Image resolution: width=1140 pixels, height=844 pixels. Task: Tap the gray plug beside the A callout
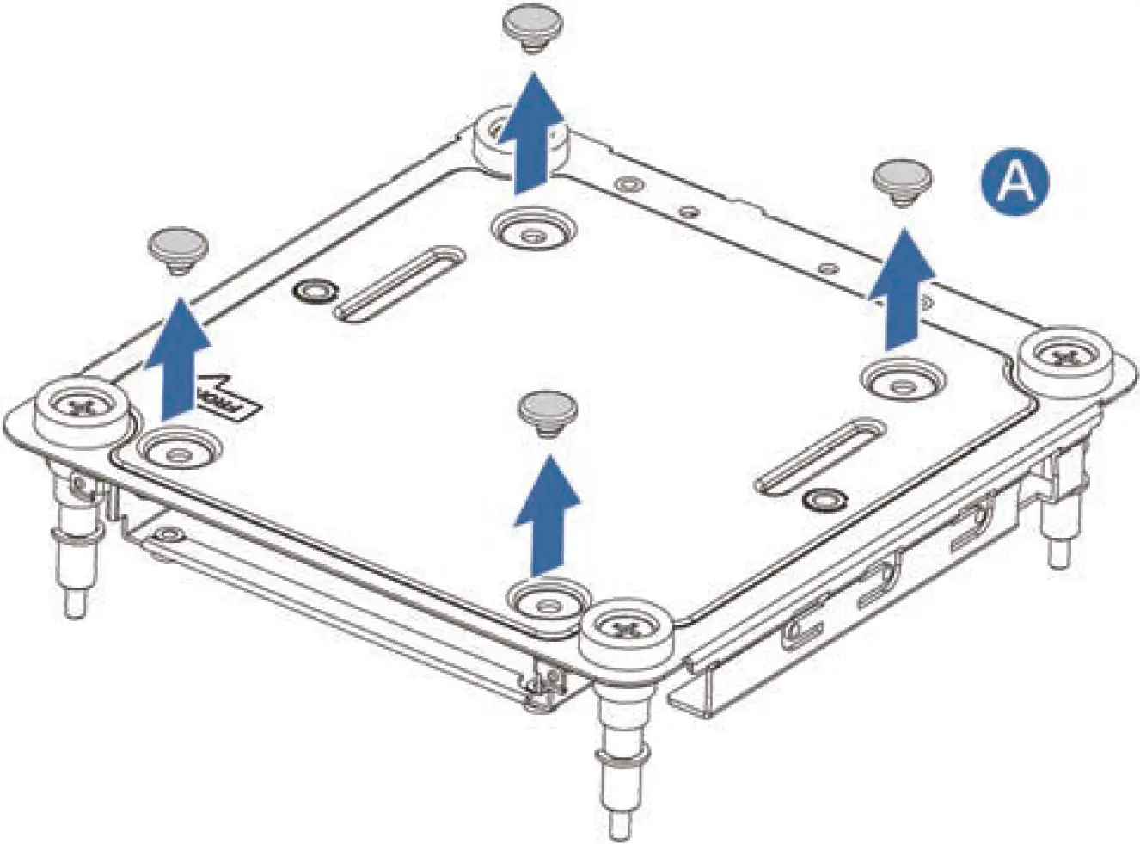tap(898, 178)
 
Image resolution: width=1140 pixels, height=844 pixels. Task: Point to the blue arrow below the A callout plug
tap(901, 284)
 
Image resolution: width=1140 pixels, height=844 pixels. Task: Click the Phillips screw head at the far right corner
tap(1063, 354)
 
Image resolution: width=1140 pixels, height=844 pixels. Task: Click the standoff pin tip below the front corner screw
tap(616, 826)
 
